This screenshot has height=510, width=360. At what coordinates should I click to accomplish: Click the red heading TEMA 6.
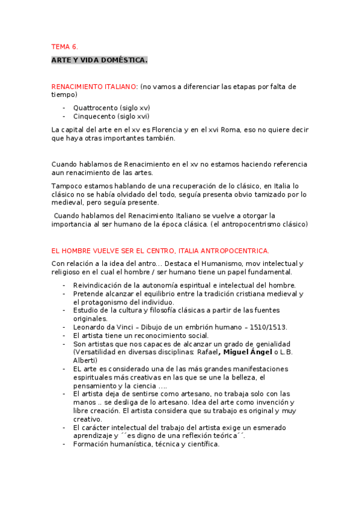point(64,47)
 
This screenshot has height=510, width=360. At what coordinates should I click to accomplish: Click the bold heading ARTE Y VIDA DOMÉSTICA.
point(99,61)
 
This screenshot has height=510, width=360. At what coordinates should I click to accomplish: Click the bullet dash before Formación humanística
point(64,444)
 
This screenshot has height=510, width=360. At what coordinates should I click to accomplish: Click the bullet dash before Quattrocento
point(64,108)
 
